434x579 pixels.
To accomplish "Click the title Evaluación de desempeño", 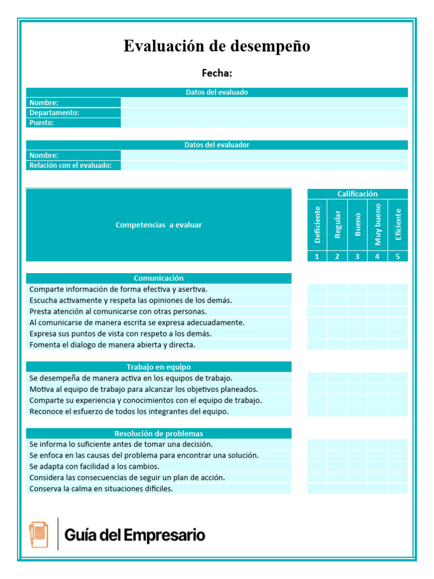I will point(216,46).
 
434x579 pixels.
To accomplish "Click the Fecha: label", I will point(217,73).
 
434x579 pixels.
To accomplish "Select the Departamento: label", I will point(54,113).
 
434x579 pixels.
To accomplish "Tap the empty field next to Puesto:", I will point(264,123).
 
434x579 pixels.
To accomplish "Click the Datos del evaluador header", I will point(216,145).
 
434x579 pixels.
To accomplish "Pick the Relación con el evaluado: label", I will point(71,165).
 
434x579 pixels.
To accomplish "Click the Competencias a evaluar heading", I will point(158,225).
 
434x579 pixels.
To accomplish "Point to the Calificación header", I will point(357,194).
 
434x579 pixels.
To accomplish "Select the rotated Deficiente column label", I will point(317,224).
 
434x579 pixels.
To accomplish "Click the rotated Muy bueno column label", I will point(377,224).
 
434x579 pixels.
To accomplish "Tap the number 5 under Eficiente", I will point(398,256).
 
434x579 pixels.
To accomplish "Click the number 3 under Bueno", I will point(357,256).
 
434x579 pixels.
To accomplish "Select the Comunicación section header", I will point(158,278).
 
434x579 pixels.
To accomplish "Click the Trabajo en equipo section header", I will point(158,367).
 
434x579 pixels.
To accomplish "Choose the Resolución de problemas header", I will point(158,434).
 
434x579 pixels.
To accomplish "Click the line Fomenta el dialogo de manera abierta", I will point(112,344).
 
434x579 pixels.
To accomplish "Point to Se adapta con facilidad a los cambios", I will point(94,466).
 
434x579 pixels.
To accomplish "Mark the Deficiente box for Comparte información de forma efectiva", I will point(317,289).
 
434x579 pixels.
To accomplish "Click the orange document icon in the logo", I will point(39,534).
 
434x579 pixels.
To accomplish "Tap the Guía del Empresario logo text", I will point(134,535).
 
